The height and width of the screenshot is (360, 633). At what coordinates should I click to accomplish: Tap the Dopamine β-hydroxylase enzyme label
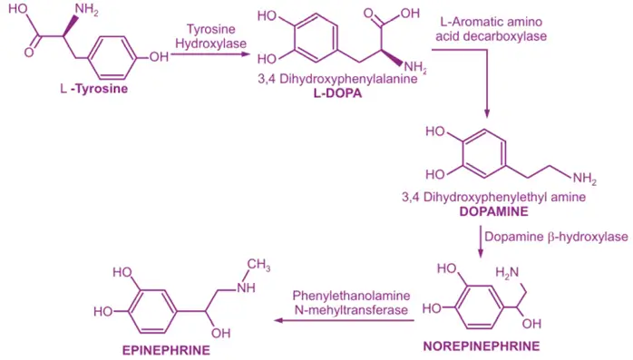556,237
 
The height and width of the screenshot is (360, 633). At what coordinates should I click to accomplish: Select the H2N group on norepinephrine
507,272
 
